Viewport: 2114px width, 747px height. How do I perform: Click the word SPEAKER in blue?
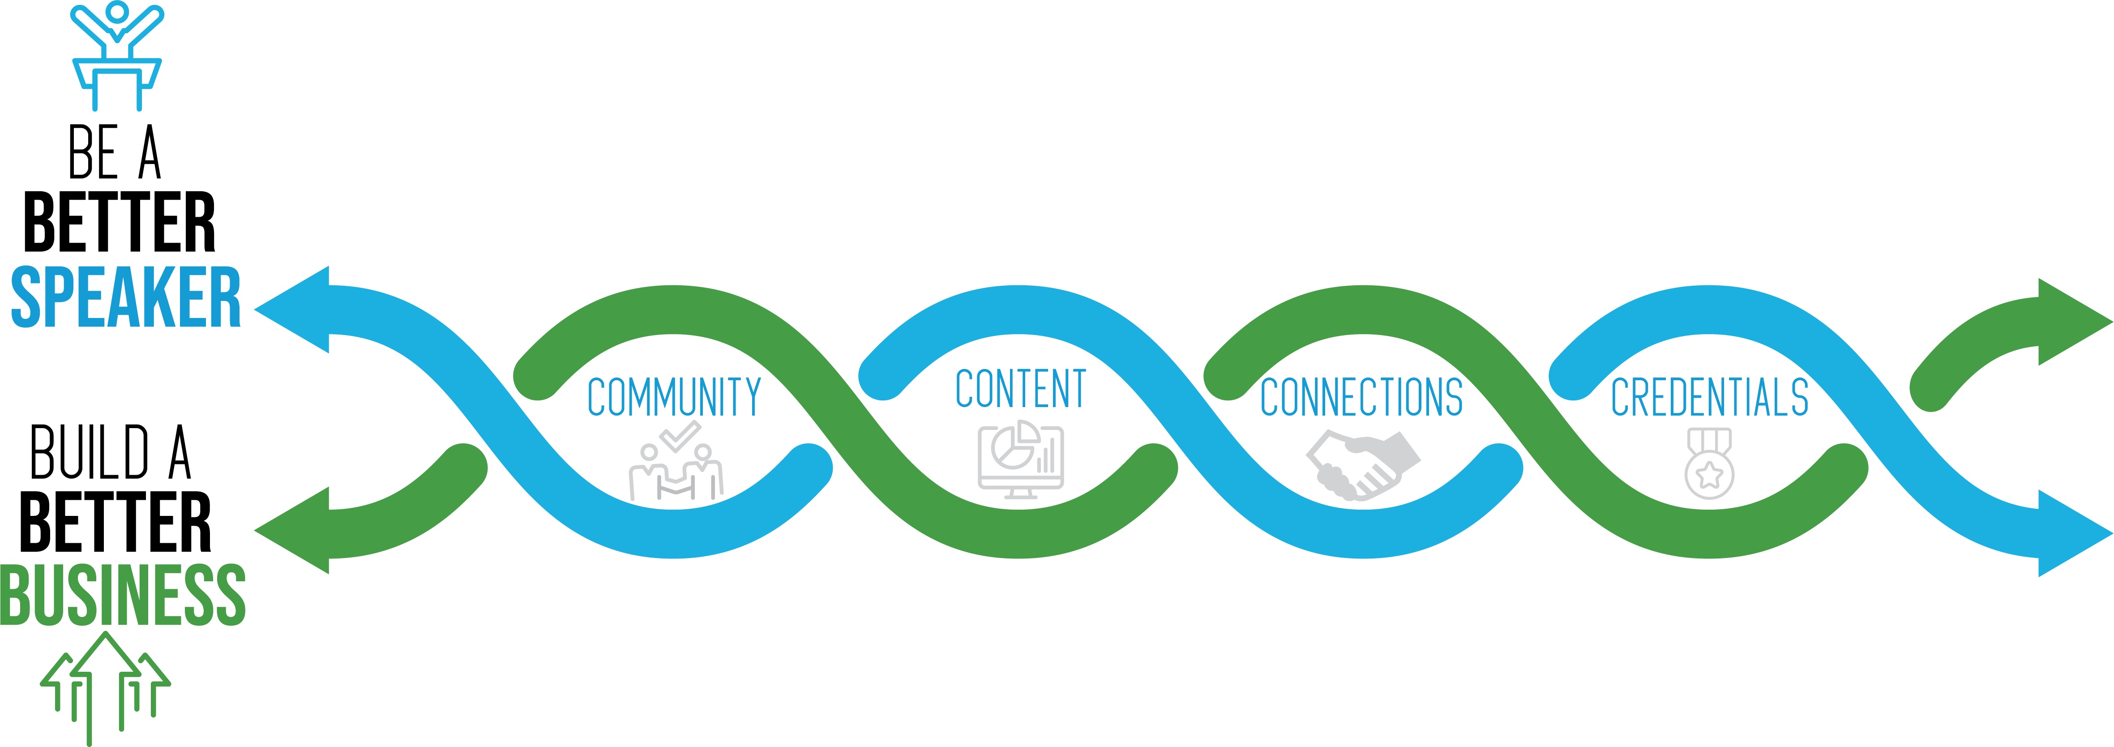[125, 297]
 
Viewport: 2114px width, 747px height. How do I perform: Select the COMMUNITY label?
[675, 397]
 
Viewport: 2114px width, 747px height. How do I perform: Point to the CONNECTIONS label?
[1361, 397]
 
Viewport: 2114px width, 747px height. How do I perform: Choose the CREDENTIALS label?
[1709, 397]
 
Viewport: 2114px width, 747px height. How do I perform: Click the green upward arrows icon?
[105, 686]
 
